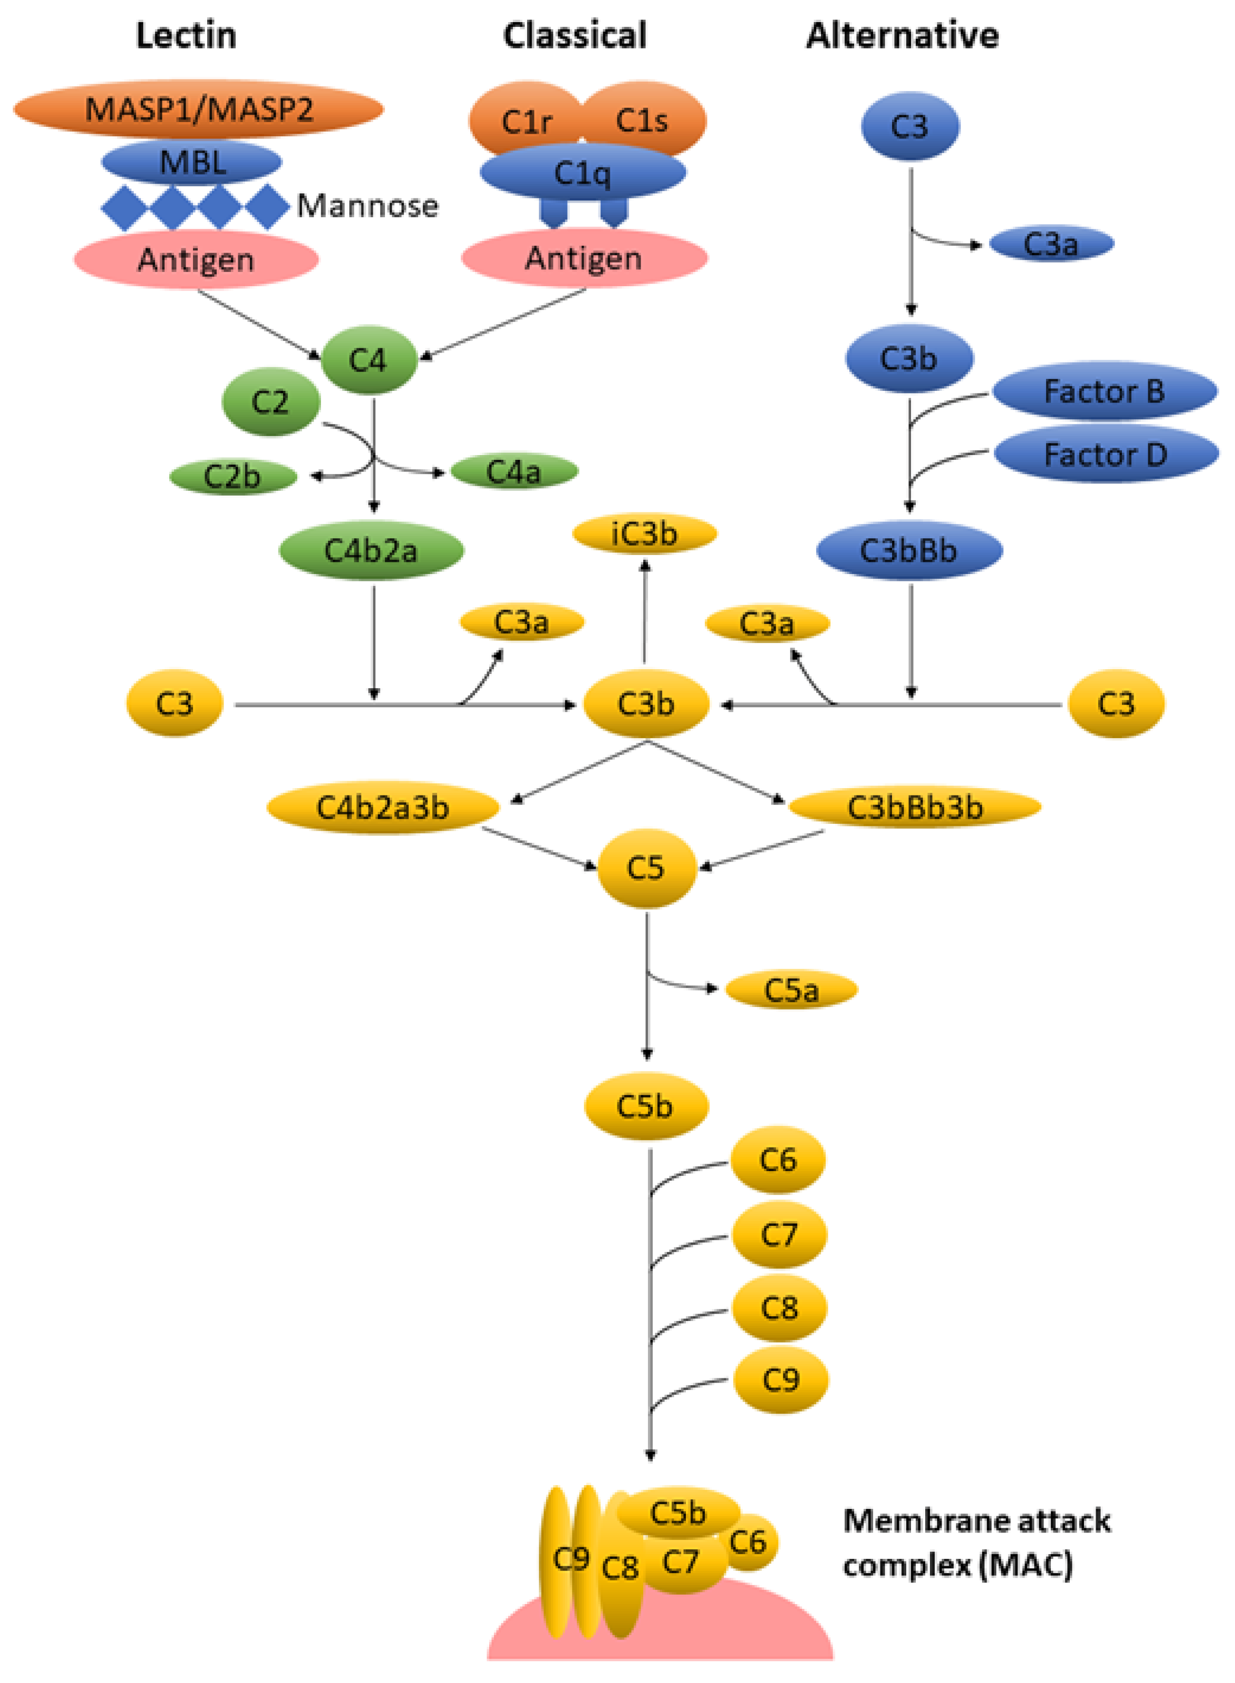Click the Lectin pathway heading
coord(186,35)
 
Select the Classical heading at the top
coord(574,35)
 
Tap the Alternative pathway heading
coord(903,35)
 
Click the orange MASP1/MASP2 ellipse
coord(199,109)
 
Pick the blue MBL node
coord(192,162)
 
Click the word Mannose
coord(367,206)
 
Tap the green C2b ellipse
coord(232,476)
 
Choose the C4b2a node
coord(371,550)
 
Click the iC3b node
coord(644,534)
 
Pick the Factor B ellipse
coord(1104,391)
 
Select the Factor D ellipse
coord(1106,454)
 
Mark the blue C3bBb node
coord(908,550)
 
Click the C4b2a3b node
coord(383,808)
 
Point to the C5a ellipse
coord(791,990)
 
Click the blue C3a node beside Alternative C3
coord(1050,244)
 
